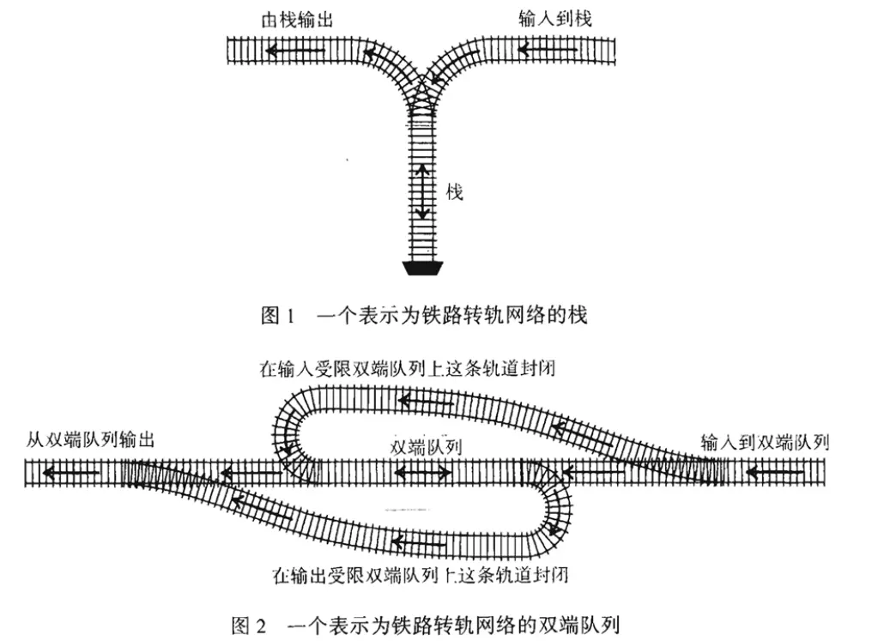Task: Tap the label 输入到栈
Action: (x=555, y=18)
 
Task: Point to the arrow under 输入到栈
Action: (x=548, y=51)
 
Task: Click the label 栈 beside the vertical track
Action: (x=455, y=192)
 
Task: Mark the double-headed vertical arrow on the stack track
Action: (x=422, y=193)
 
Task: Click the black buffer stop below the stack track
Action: (x=422, y=268)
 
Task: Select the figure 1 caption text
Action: (x=424, y=316)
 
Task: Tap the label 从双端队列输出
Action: (x=90, y=442)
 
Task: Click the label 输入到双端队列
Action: (x=764, y=443)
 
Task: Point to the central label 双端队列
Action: (x=426, y=446)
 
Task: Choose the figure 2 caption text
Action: (x=425, y=624)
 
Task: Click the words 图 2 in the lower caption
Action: (x=249, y=624)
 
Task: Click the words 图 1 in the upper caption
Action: (x=277, y=316)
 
